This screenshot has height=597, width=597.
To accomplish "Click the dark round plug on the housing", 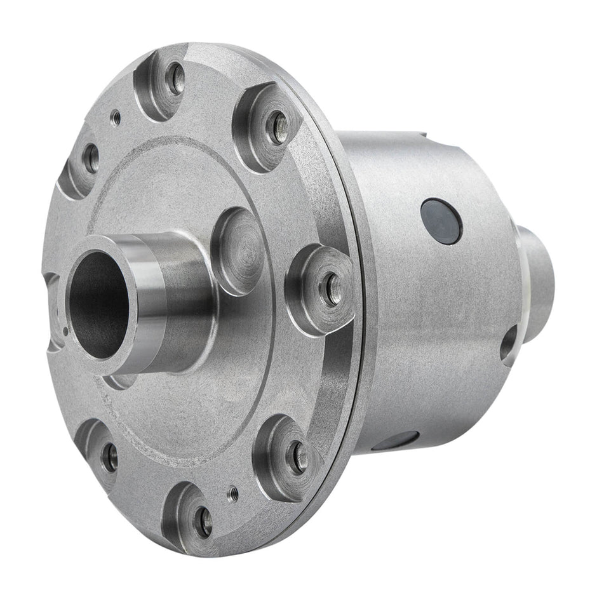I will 441,220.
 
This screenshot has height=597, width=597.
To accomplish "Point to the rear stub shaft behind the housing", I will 540,273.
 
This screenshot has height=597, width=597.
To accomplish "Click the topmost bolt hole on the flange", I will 175,78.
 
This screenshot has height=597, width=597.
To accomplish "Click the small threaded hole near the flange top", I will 115,116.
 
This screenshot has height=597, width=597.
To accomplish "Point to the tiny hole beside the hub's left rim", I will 66,330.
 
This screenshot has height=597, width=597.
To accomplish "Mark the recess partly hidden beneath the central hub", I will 121,381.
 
